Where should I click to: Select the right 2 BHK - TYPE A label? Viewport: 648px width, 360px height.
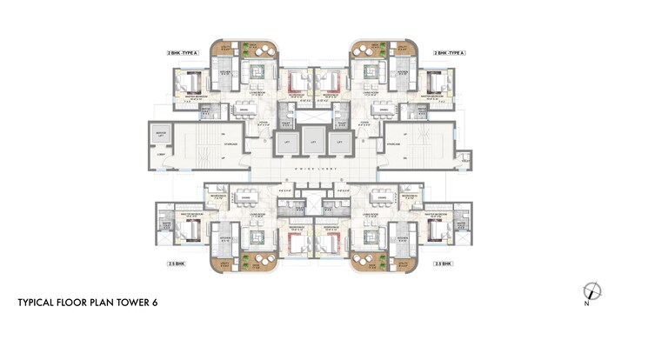[x=451, y=53]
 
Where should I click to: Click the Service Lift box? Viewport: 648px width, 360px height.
[x=160, y=135]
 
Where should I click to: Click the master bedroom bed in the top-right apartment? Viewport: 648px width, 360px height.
[x=436, y=83]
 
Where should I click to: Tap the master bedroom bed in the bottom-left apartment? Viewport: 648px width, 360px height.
[x=190, y=230]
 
